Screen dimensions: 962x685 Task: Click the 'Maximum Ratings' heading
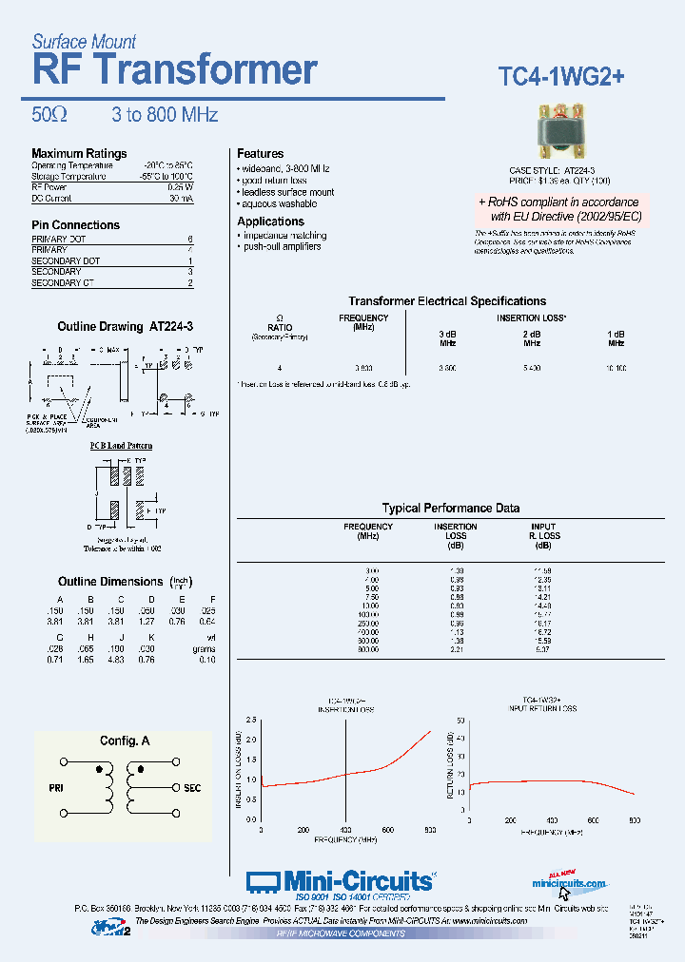click(79, 154)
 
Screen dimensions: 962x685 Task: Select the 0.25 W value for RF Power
click(181, 187)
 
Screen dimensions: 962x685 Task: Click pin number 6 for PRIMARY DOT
click(190, 239)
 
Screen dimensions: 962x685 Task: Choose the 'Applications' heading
click(270, 221)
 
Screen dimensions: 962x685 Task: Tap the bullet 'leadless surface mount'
click(289, 193)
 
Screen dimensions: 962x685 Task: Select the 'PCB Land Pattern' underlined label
click(121, 445)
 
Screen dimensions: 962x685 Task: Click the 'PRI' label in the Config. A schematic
click(55, 788)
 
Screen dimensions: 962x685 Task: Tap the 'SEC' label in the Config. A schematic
click(192, 788)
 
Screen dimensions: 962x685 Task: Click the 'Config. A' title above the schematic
click(125, 741)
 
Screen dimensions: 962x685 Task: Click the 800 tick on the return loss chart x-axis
click(635, 819)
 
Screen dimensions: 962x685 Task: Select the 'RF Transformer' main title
click(174, 70)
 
